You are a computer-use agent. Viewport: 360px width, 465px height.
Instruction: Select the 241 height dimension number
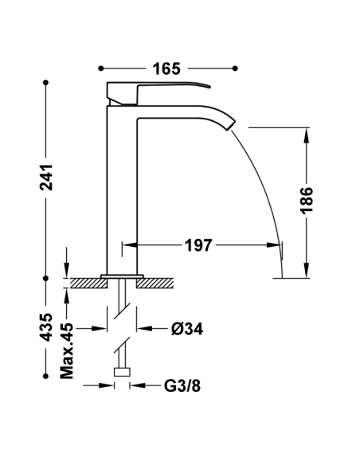point(47,182)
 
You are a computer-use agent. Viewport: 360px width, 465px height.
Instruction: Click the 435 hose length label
point(47,327)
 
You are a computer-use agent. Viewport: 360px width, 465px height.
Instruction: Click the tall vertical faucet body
point(123,191)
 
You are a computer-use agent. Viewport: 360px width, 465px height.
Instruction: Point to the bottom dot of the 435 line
point(47,371)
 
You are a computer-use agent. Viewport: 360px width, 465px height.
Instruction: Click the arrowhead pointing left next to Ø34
point(143,328)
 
